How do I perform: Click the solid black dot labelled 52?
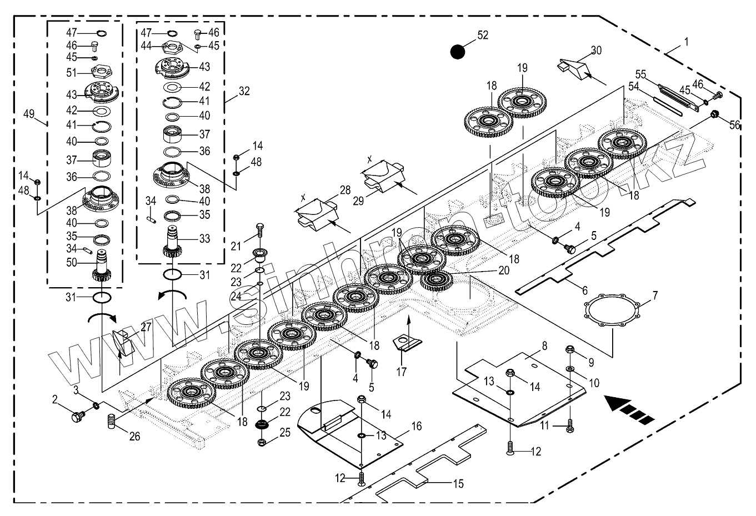tap(458, 52)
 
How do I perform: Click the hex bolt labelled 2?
tap(78, 416)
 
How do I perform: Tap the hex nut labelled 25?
tap(261, 442)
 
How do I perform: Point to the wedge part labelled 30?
tap(575, 70)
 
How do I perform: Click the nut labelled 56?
tap(714, 114)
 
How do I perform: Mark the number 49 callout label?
tap(29, 114)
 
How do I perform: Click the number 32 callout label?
tap(244, 91)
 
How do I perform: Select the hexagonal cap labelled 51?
tap(102, 71)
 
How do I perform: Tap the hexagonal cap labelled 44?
tap(172, 47)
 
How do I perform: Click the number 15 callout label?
tap(458, 484)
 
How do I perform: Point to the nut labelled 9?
tap(570, 349)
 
